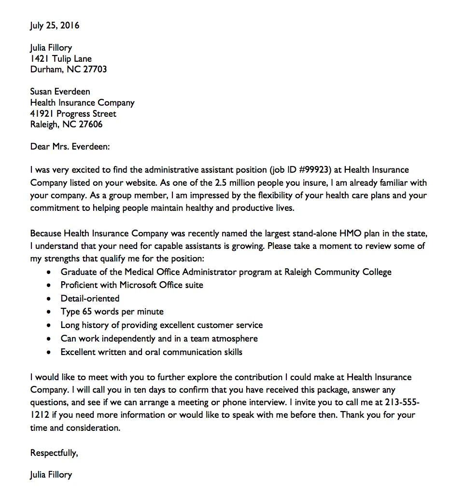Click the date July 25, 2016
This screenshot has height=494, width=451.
tap(55, 26)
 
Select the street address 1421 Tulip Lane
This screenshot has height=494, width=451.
tap(61, 59)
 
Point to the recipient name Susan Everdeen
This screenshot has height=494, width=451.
tap(60, 92)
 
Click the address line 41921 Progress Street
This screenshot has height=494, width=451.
tap(73, 114)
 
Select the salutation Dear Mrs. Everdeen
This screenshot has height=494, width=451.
tap(70, 147)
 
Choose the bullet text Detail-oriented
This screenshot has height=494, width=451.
tap(90, 299)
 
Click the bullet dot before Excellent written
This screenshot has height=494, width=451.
tap(48, 353)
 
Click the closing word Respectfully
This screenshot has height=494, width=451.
tap(54, 453)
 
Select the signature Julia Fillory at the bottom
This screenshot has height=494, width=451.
tap(51, 475)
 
